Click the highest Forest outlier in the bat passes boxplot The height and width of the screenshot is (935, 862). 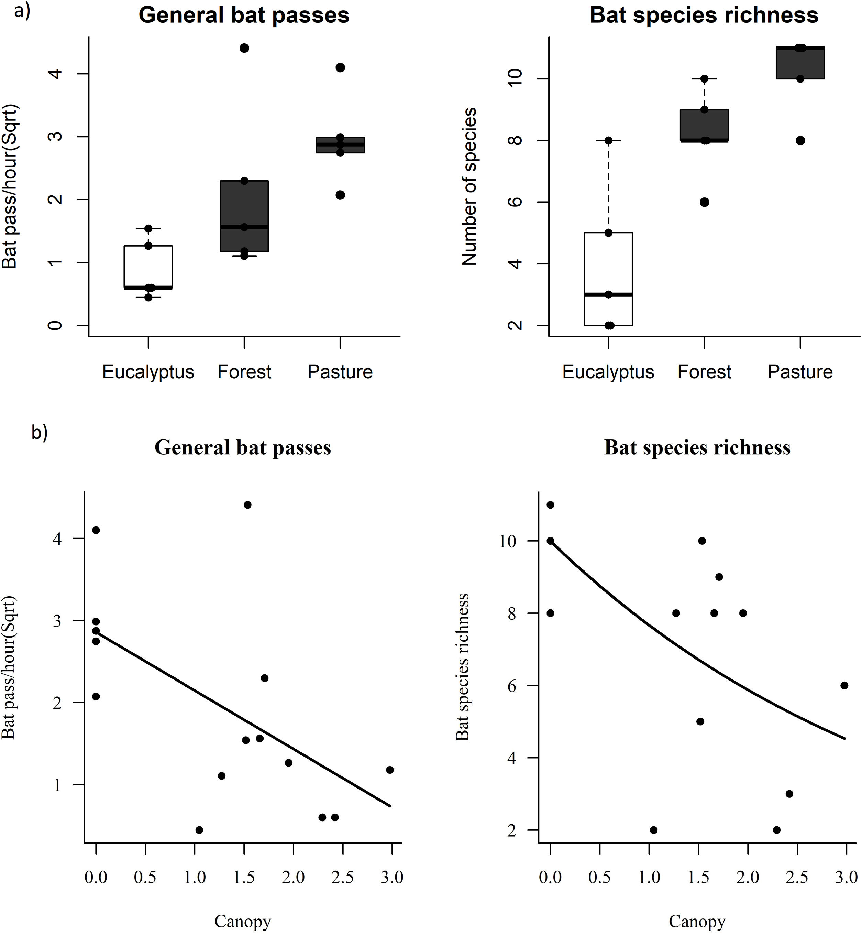click(x=244, y=48)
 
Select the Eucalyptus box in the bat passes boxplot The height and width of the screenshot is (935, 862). click(x=148, y=267)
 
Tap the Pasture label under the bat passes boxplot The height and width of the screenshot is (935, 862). click(x=340, y=372)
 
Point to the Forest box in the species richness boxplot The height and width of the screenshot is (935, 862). click(x=704, y=125)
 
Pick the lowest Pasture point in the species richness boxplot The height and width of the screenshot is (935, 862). click(x=800, y=140)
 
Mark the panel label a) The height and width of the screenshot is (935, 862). click(x=22, y=11)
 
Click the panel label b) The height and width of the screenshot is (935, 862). click(x=39, y=433)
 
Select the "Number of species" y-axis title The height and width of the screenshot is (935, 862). click(x=469, y=187)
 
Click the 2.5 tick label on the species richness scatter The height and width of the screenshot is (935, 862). click(x=797, y=877)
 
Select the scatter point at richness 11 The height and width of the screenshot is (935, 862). click(x=550, y=505)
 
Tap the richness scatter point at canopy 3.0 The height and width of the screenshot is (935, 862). click(x=844, y=685)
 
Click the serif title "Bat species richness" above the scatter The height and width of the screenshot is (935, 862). click(x=697, y=447)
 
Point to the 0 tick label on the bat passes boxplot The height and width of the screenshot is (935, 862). click(x=55, y=325)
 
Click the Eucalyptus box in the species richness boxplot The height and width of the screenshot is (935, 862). click(x=608, y=279)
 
